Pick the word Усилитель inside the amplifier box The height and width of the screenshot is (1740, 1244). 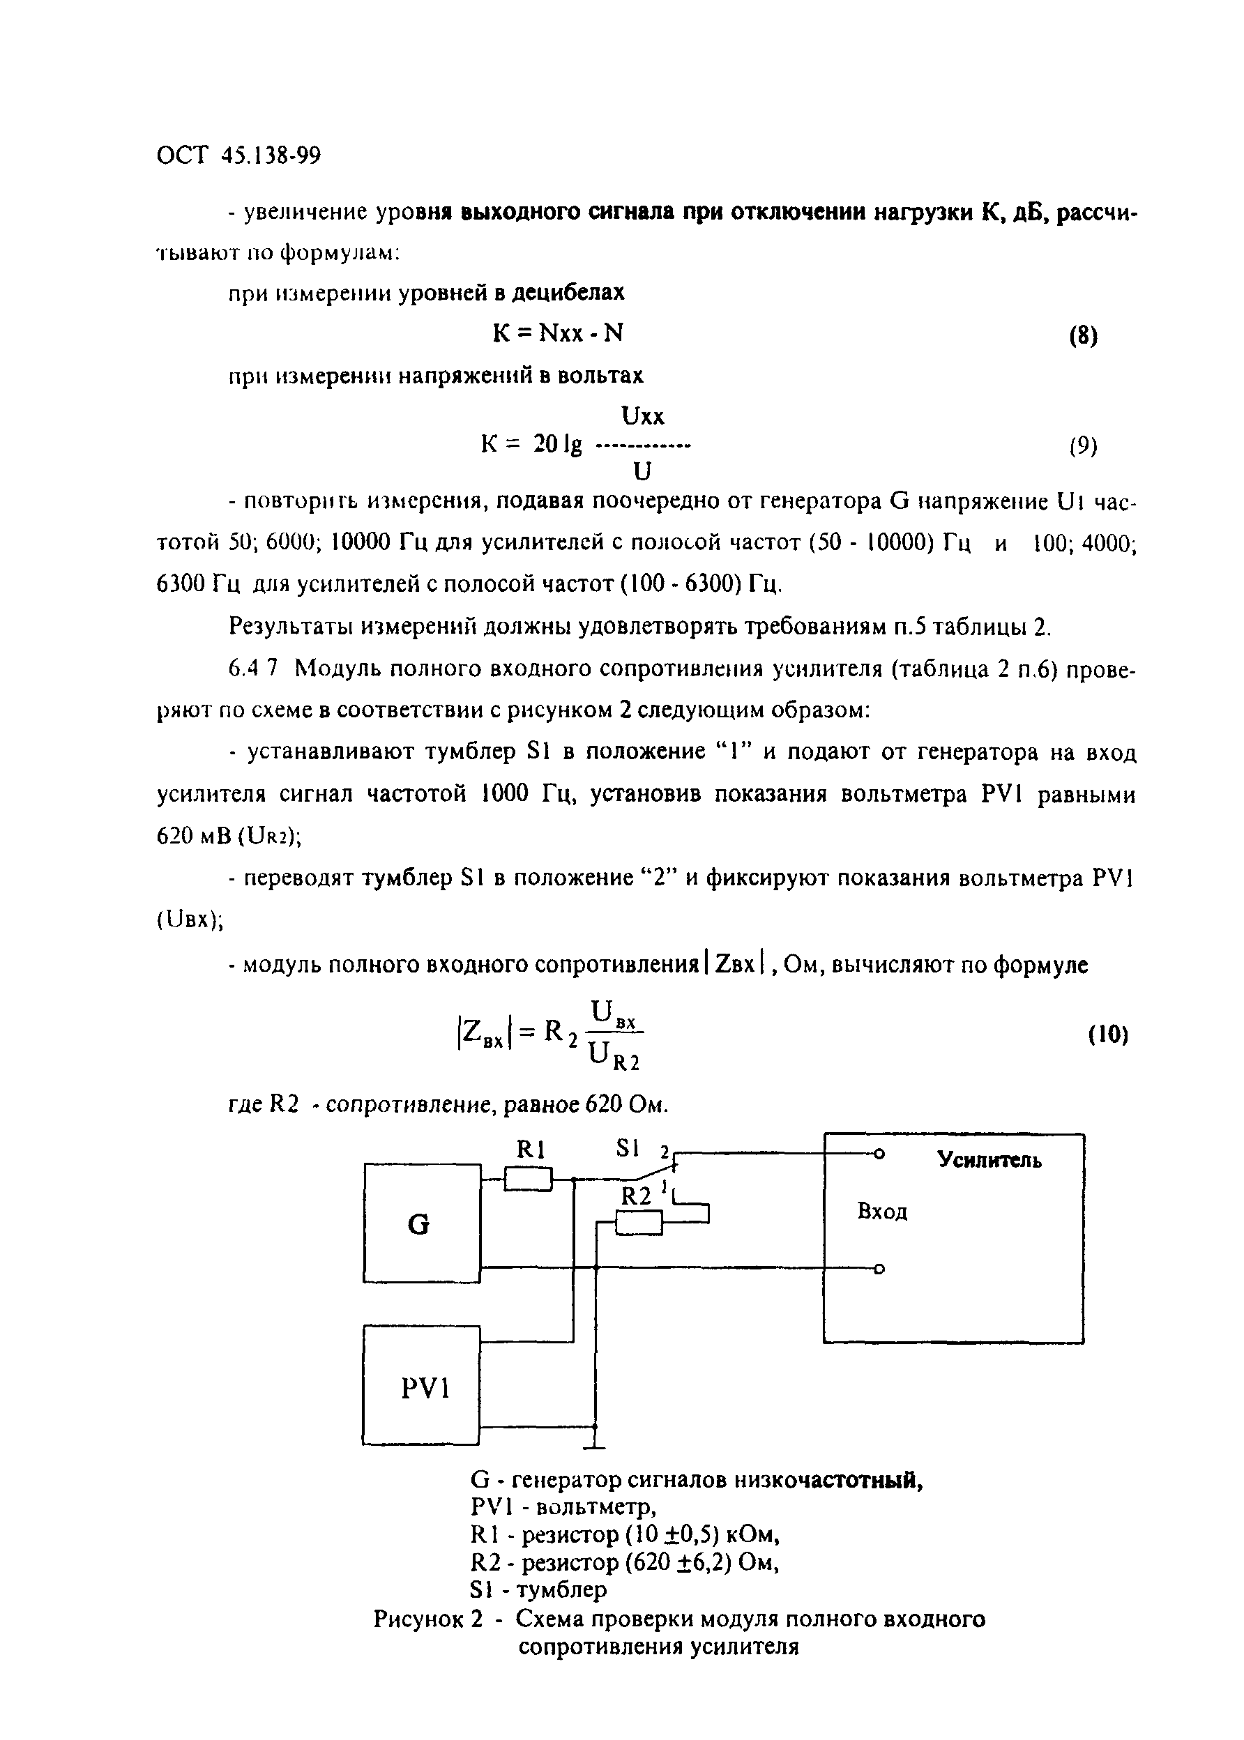[x=989, y=1160]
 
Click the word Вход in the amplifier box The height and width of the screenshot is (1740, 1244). [x=882, y=1212]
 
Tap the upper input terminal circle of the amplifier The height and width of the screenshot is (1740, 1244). [x=879, y=1154]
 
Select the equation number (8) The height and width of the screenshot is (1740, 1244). [x=1083, y=336]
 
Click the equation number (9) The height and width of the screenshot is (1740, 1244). [x=1083, y=445]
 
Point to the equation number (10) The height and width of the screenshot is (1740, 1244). [x=1107, y=1035]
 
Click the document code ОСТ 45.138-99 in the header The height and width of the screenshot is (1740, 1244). [x=238, y=156]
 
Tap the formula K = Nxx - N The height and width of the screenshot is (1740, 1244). [x=558, y=333]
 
